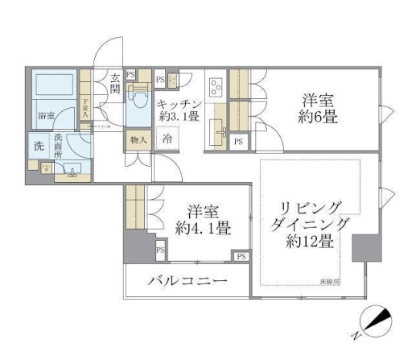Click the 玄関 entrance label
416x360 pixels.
pyautogui.click(x=115, y=83)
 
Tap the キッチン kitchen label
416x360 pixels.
pyautogui.click(x=179, y=104)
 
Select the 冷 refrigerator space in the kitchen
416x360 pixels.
pyautogui.click(x=167, y=139)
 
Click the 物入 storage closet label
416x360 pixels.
pyautogui.click(x=138, y=140)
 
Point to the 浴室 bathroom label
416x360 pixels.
pyautogui.click(x=47, y=116)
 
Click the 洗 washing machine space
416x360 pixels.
pyautogui.click(x=38, y=147)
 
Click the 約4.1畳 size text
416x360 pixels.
pyautogui.click(x=203, y=229)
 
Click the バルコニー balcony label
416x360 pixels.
pyautogui.click(x=187, y=282)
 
